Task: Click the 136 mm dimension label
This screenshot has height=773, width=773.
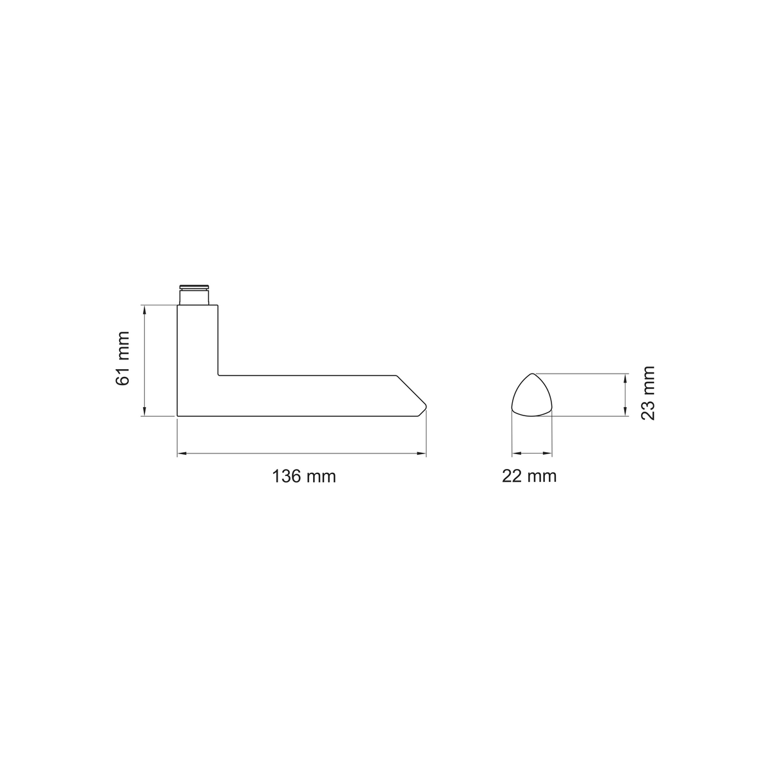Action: (303, 477)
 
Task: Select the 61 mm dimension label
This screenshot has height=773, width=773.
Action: (123, 358)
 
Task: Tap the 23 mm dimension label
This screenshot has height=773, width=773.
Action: (647, 393)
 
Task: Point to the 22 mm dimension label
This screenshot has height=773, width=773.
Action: (529, 476)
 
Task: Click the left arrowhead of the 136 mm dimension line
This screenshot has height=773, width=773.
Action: (182, 453)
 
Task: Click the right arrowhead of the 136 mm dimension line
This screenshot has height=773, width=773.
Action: (421, 453)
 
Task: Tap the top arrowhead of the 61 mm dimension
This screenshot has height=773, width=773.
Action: (144, 310)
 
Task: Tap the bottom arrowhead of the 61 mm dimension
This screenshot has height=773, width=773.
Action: (144, 412)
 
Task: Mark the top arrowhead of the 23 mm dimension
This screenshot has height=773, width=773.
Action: (625, 378)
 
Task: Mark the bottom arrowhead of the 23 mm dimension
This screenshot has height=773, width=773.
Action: (625, 412)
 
